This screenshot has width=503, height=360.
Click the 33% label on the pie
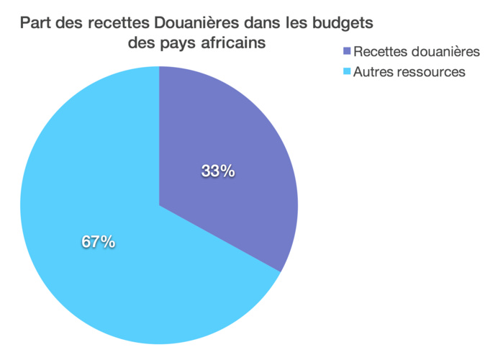coord(218,171)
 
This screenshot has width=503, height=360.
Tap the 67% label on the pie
coord(98,242)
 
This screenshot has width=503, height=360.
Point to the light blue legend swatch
coord(348,72)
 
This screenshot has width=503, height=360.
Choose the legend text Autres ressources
coord(409,72)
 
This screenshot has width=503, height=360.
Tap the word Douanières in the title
coord(195,23)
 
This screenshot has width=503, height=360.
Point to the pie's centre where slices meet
coord(159,205)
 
